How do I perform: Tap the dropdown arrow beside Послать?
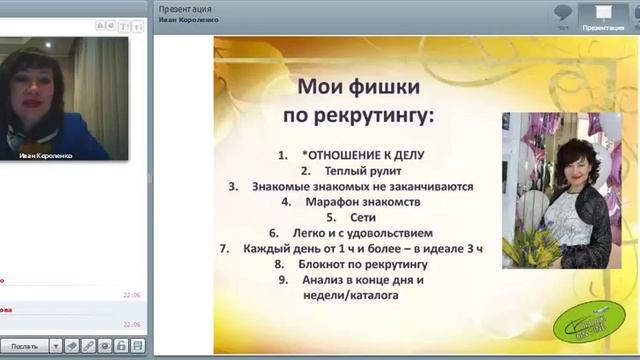pyautogui.click(x=56, y=346)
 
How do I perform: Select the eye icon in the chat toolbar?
pyautogui.click(x=73, y=346)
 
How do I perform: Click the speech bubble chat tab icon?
pyautogui.click(x=564, y=14)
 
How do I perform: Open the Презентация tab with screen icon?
pyautogui.click(x=603, y=16)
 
